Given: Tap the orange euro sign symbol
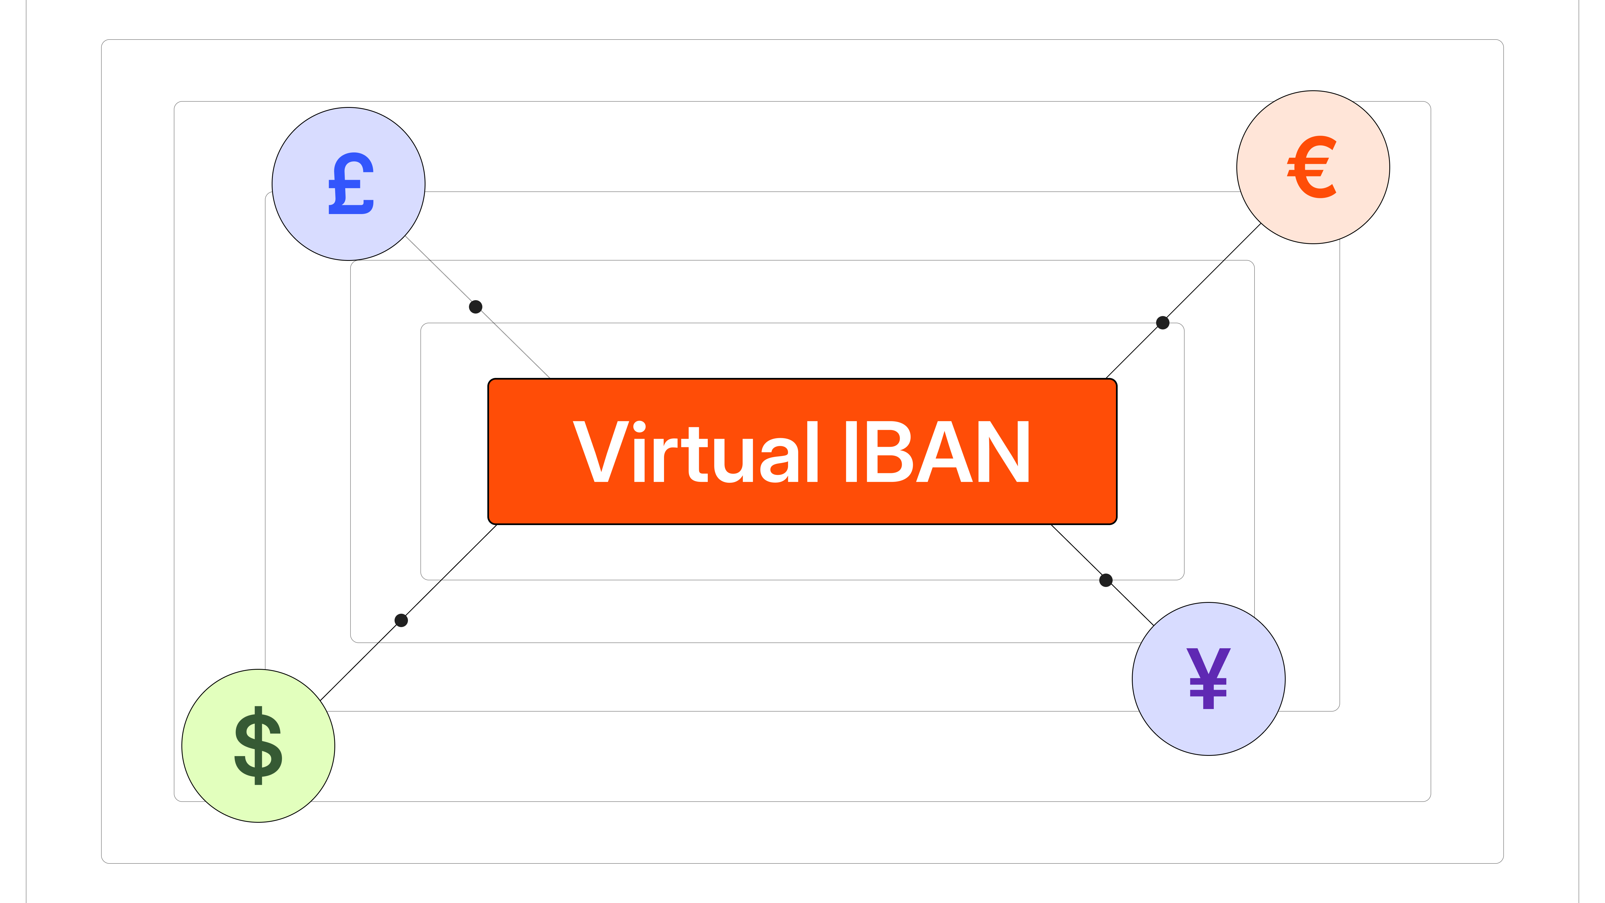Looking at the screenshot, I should point(1312,167).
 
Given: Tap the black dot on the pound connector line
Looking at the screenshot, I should point(475,307).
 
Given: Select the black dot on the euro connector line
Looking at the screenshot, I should point(1163,323).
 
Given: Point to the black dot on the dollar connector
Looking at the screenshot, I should point(401,620).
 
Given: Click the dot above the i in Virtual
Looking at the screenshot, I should point(639,428).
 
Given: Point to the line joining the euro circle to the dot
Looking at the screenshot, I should point(1212,273).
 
